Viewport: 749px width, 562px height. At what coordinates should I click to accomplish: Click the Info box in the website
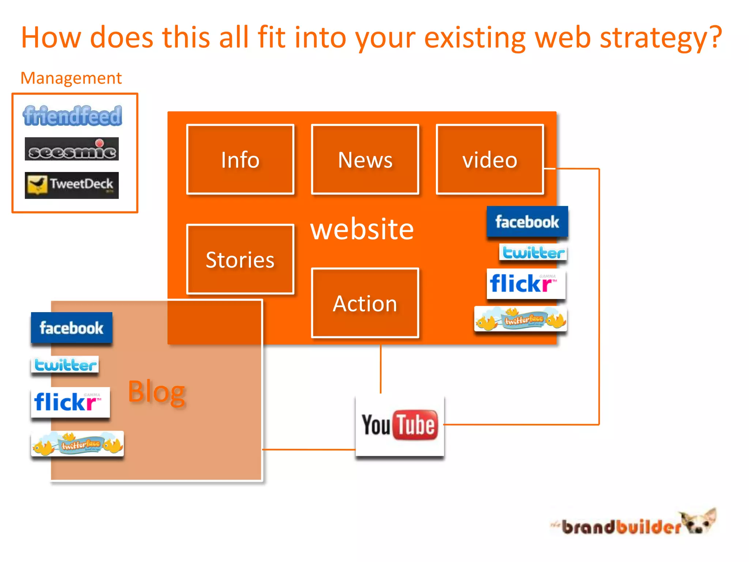tap(240, 160)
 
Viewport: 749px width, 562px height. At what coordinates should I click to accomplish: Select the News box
tap(365, 160)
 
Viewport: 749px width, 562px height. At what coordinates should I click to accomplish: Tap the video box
tap(490, 160)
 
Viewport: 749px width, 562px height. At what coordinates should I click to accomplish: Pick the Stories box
tap(240, 259)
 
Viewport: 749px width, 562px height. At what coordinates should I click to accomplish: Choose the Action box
tap(365, 303)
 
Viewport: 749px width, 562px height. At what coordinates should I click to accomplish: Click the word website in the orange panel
tap(362, 229)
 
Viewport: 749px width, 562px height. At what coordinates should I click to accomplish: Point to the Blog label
tap(157, 392)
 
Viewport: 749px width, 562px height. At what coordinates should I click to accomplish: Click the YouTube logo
tap(400, 426)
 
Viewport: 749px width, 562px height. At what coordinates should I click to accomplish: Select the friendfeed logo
tap(72, 116)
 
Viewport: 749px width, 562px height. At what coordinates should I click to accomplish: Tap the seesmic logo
tap(72, 149)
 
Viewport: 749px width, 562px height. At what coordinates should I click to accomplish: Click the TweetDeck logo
tap(72, 185)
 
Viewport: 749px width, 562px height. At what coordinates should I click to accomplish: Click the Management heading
tap(71, 78)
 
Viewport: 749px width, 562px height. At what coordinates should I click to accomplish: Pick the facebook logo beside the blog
tap(72, 328)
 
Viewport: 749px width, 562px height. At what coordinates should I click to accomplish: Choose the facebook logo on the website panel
tap(527, 222)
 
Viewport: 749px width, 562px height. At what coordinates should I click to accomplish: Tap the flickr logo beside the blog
tap(70, 402)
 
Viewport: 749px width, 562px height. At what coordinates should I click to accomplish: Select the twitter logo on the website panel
tap(533, 252)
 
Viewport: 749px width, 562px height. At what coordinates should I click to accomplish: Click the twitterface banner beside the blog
tap(78, 444)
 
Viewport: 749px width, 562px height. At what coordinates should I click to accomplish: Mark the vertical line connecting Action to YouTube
tap(381, 369)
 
